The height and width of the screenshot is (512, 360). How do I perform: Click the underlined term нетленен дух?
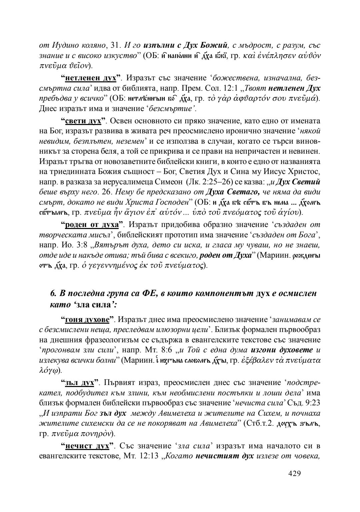[x=91, y=78]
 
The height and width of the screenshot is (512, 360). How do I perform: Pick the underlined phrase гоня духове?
[x=87, y=320]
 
